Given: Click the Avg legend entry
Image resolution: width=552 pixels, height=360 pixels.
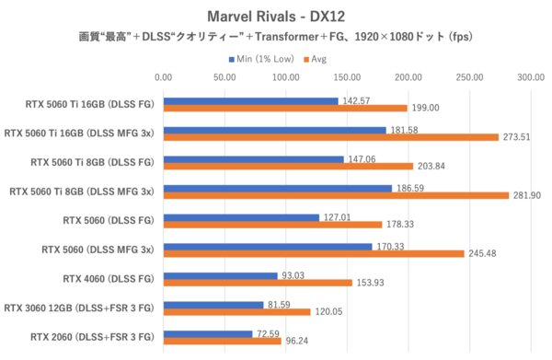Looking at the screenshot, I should click(313, 58).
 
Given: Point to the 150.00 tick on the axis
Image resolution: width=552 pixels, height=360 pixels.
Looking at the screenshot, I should click(347, 78).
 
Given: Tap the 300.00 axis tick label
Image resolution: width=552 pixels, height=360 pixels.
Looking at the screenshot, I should click(531, 78).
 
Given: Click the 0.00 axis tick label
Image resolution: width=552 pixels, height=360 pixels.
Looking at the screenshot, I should click(163, 78).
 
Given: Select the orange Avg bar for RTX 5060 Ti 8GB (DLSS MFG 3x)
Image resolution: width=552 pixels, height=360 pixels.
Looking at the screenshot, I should click(336, 195).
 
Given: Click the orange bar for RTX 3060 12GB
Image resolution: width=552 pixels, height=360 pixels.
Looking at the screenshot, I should click(236, 312).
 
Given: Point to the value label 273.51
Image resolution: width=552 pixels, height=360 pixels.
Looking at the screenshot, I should click(516, 137).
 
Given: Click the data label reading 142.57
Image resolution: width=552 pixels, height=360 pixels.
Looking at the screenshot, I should click(355, 100).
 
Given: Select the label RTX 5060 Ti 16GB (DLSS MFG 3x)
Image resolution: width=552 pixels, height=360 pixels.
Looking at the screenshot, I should click(80, 133).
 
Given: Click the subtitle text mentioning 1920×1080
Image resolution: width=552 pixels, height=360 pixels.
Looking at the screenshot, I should click(275, 39).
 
